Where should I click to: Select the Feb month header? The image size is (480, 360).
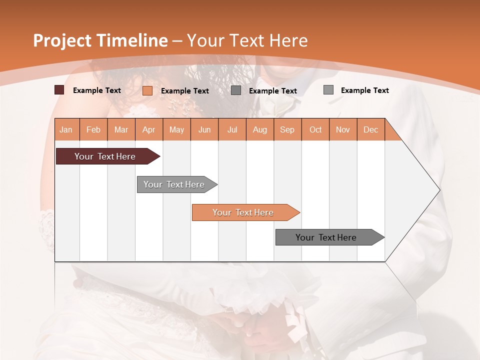point(93,129)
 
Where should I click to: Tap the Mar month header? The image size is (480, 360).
point(121,129)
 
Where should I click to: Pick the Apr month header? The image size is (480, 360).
point(149,129)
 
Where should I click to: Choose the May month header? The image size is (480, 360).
point(176,129)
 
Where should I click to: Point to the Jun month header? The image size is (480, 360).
point(204,129)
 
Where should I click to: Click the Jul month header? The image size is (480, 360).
point(232,129)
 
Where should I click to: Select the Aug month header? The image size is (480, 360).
point(260,129)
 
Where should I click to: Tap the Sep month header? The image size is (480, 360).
point(287,129)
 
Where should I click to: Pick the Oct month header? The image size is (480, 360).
point(315,129)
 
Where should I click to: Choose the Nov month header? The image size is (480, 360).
point(343,129)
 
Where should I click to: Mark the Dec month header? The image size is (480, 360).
point(371,129)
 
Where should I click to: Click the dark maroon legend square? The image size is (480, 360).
point(59,90)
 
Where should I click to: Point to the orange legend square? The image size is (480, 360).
point(147,90)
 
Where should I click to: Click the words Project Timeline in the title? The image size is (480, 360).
point(100,40)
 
